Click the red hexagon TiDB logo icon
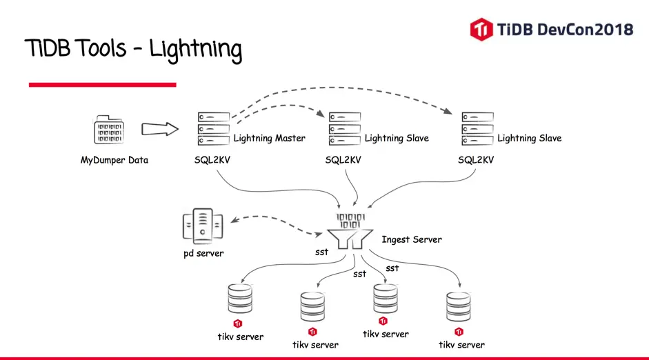(481, 29)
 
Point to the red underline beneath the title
(102, 84)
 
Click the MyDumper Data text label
(114, 161)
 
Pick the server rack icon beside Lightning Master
(212, 129)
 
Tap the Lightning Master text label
(269, 138)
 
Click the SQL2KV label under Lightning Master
(212, 161)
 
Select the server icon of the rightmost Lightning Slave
(477, 129)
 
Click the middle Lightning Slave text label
(397, 138)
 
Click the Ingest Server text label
(412, 239)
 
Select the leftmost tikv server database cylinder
(239, 299)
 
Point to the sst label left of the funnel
(321, 252)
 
